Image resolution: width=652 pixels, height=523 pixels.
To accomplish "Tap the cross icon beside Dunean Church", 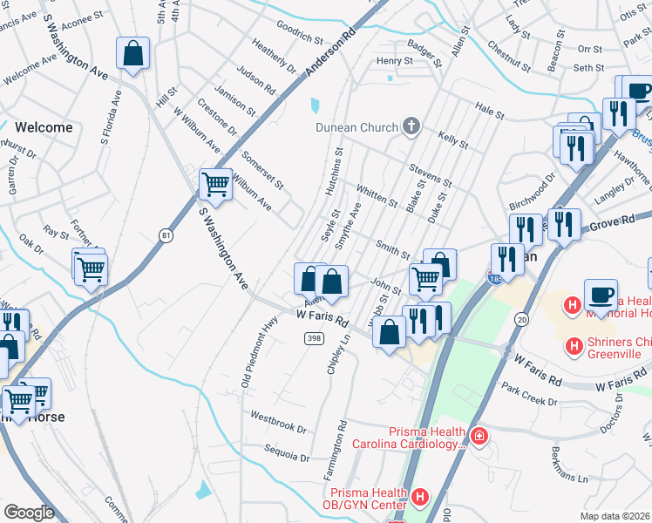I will [411, 127].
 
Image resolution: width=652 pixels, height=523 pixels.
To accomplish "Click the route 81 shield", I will [165, 234].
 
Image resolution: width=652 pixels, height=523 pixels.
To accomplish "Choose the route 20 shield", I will [521, 321].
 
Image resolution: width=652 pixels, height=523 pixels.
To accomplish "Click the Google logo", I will [29, 512].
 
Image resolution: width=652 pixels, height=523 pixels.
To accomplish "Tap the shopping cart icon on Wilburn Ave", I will [215, 184].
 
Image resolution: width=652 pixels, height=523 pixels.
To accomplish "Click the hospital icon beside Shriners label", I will [574, 346].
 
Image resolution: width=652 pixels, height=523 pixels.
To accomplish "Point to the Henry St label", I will [394, 61].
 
